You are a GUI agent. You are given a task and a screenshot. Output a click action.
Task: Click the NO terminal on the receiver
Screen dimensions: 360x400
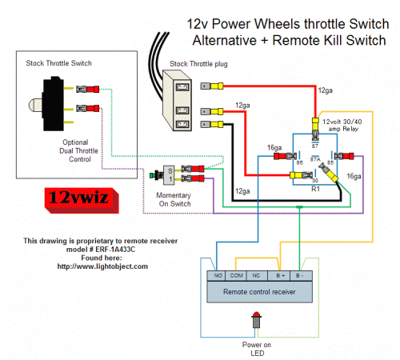[217, 276]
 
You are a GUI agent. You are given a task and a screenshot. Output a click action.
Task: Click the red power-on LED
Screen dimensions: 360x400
[258, 322]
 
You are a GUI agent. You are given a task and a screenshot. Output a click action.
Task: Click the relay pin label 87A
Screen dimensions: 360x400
[314, 161]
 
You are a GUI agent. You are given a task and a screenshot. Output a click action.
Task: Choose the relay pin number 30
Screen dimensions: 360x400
[314, 180]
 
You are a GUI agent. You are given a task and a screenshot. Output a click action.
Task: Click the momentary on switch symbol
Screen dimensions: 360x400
[168, 174]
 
